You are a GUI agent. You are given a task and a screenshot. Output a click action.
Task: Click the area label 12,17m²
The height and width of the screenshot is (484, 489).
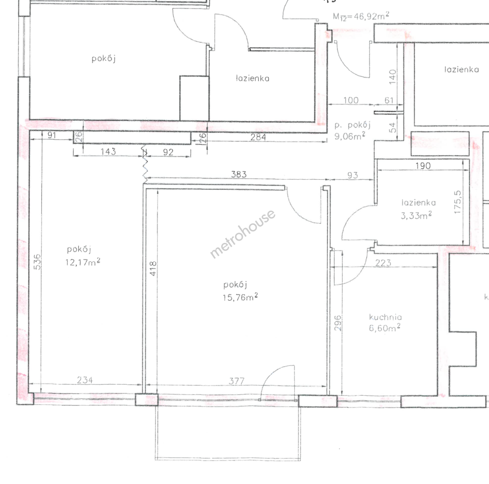click(x=83, y=262)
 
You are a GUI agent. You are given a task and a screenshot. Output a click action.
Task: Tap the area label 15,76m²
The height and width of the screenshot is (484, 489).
click(x=240, y=297)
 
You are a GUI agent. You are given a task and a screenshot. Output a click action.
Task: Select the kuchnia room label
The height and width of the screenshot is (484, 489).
click(x=386, y=317)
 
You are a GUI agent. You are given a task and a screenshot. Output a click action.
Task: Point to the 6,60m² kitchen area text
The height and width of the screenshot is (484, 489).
click(x=385, y=328)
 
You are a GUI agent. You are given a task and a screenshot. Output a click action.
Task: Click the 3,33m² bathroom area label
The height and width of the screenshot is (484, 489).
click(x=416, y=215)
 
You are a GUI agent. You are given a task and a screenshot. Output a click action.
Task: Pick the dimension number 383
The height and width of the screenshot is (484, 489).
click(x=239, y=174)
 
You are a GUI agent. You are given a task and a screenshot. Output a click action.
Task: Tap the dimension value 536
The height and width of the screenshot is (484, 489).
click(x=37, y=262)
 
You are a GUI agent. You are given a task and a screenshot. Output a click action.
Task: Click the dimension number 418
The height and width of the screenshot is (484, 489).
click(x=153, y=268)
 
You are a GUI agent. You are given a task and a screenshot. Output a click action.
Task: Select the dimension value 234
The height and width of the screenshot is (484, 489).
click(x=85, y=380)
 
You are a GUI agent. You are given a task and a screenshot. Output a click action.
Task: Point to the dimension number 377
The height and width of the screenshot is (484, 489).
click(x=236, y=381)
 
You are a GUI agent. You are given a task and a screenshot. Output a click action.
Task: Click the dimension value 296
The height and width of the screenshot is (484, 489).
click(x=338, y=323)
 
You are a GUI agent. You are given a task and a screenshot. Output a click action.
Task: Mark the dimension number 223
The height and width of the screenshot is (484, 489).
click(x=383, y=263)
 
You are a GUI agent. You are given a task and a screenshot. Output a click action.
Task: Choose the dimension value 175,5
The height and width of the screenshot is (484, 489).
click(x=458, y=202)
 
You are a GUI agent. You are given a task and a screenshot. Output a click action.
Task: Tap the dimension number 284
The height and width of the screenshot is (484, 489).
click(x=258, y=137)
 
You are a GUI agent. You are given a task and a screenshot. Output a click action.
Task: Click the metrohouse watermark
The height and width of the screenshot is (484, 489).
click(x=243, y=234)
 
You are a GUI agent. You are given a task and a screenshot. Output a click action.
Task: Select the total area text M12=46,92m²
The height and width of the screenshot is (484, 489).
click(x=361, y=16)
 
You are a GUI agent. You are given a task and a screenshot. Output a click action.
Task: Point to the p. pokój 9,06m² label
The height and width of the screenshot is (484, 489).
click(x=352, y=130)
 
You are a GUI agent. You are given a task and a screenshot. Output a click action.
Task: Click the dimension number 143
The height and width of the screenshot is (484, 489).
click(x=108, y=151)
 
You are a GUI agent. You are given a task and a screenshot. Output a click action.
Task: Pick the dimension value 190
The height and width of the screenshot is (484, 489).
click(x=423, y=166)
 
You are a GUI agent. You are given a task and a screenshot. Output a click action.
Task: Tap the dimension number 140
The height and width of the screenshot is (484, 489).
click(x=393, y=77)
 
